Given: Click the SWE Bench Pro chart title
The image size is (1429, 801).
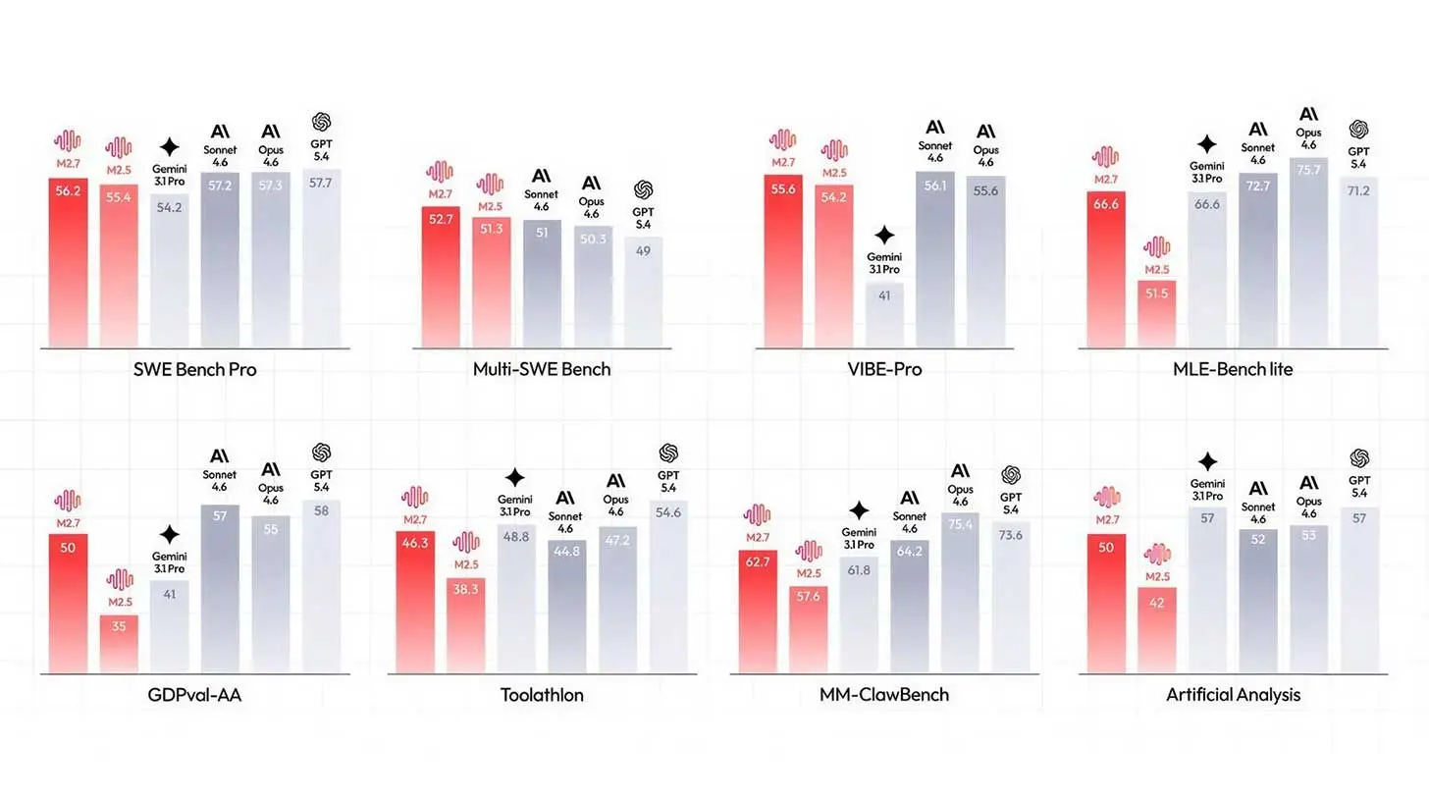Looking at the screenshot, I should tap(194, 370).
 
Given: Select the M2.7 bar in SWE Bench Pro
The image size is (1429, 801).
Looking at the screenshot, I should tap(68, 262).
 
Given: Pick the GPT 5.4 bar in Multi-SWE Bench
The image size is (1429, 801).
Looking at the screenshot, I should tap(643, 292).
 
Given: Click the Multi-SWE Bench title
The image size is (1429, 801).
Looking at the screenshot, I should tap(541, 370).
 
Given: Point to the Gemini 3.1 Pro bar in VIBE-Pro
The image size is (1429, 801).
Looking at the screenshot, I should tap(884, 314).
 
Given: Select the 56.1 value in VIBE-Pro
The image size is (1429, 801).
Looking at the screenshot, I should tap(935, 185).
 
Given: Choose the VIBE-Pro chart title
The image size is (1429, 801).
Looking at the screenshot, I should tap(883, 370).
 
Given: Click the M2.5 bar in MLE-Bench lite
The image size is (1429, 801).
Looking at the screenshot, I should tap(1157, 313).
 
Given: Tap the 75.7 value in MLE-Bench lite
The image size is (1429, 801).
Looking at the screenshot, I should tap(1308, 169).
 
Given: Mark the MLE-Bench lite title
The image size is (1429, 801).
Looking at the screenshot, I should tap(1232, 370).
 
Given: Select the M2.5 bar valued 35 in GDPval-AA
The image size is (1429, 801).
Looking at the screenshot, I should tap(119, 643).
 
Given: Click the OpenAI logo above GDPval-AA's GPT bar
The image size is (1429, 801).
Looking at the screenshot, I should tap(321, 453).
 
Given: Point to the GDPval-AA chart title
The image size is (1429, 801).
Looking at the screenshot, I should tap(194, 695).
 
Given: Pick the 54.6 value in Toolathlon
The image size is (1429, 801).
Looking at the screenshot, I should tap(668, 512).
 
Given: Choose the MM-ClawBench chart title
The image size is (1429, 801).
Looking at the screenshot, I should tap(884, 695).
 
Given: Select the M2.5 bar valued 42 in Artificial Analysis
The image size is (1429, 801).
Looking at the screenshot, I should tap(1157, 629).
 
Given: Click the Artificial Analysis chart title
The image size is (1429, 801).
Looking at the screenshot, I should tap(1233, 695).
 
